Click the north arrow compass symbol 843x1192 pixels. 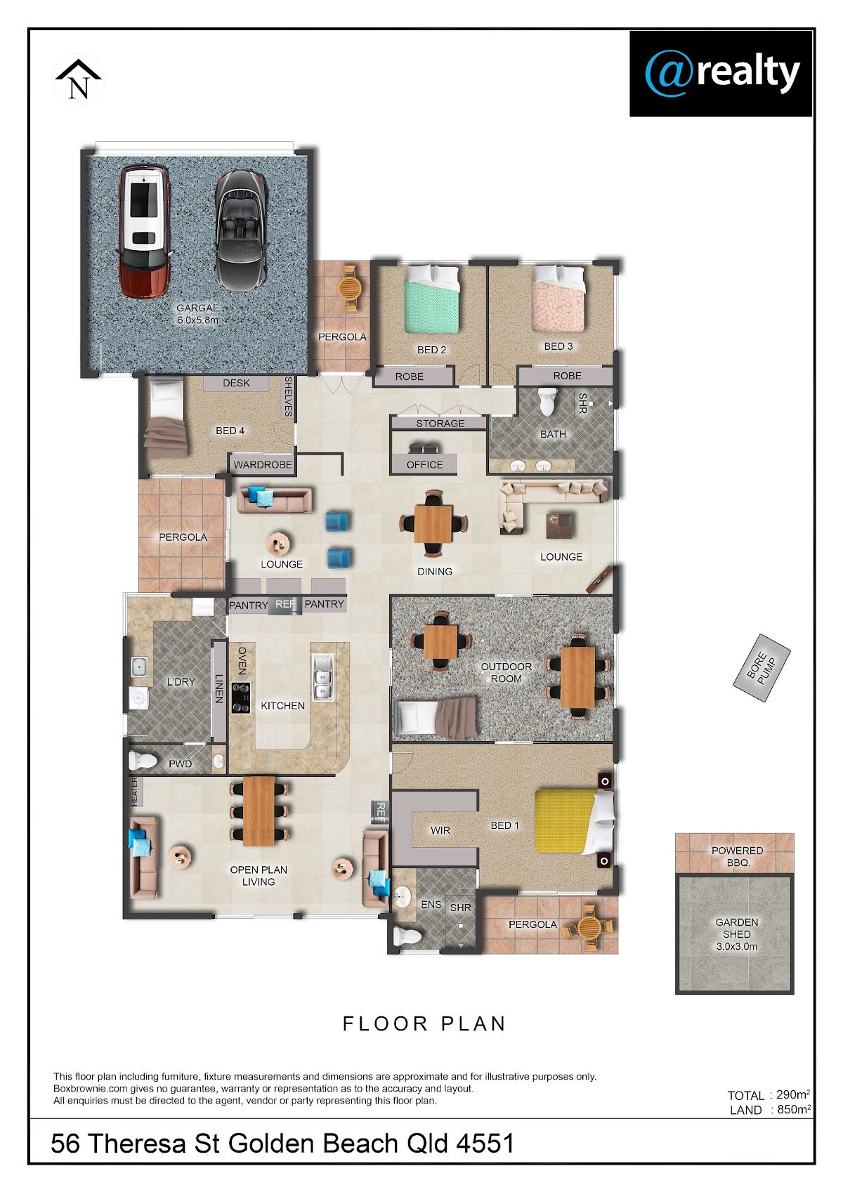[x=78, y=79]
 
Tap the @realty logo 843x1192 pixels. [x=721, y=74]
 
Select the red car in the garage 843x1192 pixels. [x=144, y=231]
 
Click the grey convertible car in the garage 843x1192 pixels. [x=240, y=230]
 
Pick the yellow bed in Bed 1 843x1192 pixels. [x=574, y=821]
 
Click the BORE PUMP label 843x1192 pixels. [x=762, y=668]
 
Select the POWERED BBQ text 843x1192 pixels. [x=738, y=856]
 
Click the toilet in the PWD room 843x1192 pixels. [x=143, y=761]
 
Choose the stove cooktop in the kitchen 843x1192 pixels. [x=240, y=697]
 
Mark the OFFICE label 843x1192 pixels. [x=425, y=464]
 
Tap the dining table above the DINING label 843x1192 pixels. [x=433, y=523]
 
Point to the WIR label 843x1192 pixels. [x=440, y=830]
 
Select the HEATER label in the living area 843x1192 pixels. [x=135, y=792]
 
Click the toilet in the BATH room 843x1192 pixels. [x=547, y=401]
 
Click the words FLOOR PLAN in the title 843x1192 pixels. [x=424, y=1023]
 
